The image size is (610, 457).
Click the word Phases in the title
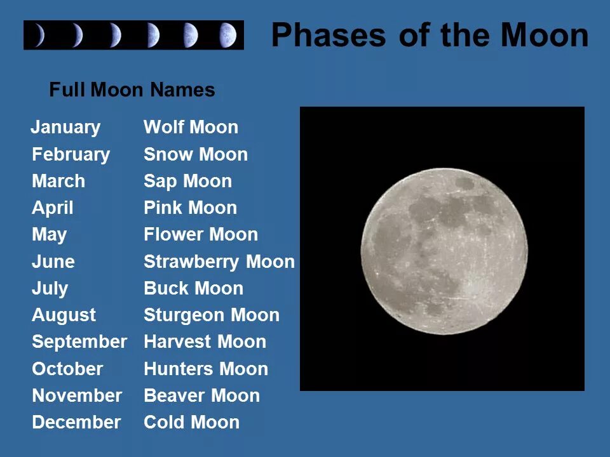329,36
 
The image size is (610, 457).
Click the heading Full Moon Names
132,89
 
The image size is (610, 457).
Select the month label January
65,128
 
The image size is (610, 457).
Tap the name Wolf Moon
191,127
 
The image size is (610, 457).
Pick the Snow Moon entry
196,154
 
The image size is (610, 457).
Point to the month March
58,181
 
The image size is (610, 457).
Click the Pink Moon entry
190,208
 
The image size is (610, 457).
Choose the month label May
50,235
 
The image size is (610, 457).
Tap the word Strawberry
191,262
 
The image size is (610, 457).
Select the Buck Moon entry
193,288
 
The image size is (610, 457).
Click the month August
64,315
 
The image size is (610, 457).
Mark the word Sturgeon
184,315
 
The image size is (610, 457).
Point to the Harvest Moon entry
205,342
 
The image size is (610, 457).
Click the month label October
67,369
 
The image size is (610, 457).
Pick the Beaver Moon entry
201,395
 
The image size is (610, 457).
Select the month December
76,423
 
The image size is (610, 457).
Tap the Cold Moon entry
191,423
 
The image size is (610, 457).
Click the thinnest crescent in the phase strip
40,35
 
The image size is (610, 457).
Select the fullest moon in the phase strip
227,35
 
